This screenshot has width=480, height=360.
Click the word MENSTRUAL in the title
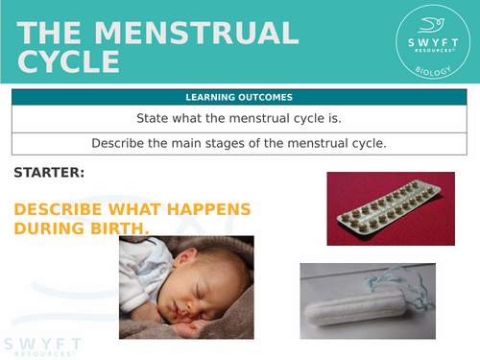click(198, 34)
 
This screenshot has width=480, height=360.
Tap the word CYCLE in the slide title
click(68, 63)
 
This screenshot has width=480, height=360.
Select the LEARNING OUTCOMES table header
click(240, 98)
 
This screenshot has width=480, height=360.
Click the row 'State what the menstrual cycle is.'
click(240, 119)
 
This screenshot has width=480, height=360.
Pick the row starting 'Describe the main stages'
click(240, 144)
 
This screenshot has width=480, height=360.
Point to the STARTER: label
click(49, 173)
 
